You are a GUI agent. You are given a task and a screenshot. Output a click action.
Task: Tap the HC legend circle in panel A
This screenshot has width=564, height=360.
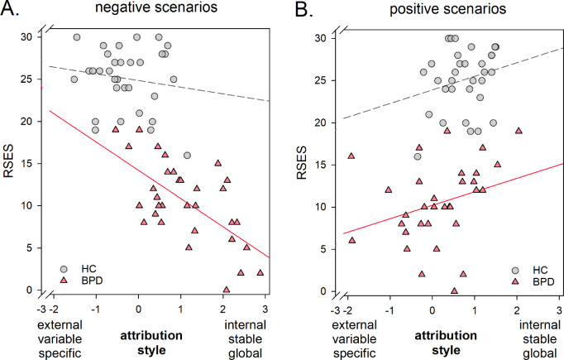tap(65, 269)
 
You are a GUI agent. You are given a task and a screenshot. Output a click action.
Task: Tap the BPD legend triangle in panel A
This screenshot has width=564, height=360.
tap(65, 281)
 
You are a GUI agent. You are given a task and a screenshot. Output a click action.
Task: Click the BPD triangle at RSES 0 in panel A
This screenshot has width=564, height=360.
tap(226, 290)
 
